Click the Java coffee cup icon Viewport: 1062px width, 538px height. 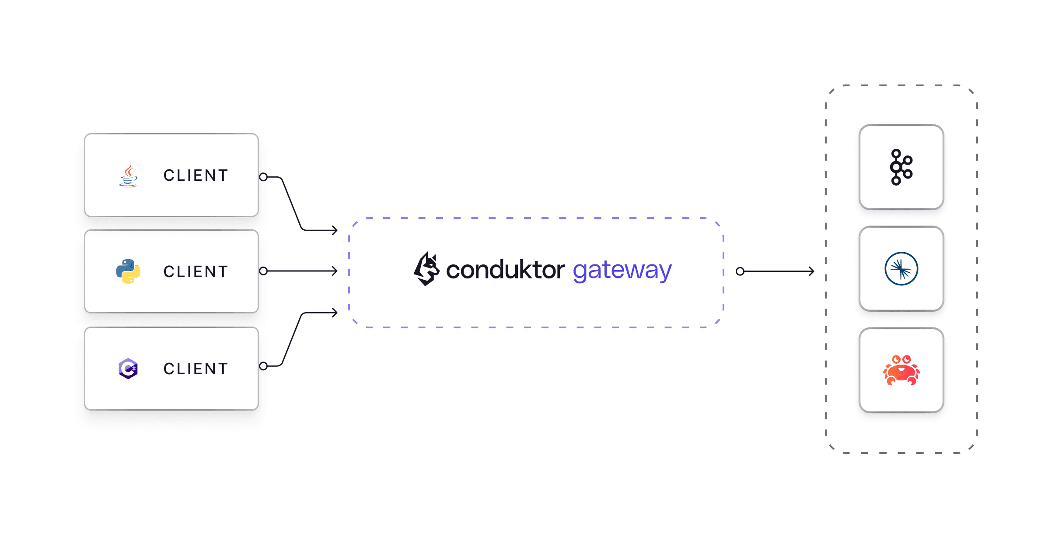[128, 176]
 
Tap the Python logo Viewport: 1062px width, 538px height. [128, 271]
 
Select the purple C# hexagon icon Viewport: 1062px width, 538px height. [128, 369]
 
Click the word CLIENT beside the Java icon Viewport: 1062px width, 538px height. [196, 176]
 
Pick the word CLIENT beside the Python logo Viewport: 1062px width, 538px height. [196, 272]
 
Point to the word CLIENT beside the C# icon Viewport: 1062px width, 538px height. [196, 369]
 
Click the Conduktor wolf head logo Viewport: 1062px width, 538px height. [426, 269]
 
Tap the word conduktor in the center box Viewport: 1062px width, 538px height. [505, 270]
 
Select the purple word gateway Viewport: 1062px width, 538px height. [622, 271]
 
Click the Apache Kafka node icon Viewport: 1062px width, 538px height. [901, 167]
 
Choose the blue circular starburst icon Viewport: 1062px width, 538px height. [901, 269]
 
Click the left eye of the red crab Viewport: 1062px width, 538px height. [896, 360]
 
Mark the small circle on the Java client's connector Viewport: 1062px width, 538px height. [263, 177]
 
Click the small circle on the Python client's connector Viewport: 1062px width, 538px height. [263, 271]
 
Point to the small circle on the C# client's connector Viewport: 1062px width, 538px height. [263, 366]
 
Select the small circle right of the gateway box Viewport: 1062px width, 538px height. [740, 271]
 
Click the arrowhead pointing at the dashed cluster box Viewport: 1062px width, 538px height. [811, 271]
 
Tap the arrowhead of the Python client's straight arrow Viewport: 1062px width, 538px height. [335, 271]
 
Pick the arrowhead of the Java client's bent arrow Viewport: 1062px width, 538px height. [335, 230]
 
